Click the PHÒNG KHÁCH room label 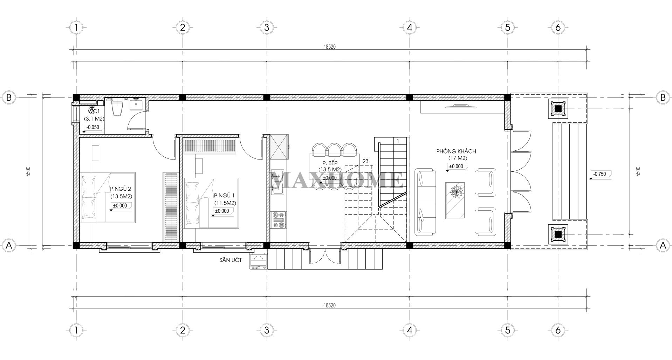pyautogui.click(x=456, y=151)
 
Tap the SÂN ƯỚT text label pyautogui.click(x=231, y=260)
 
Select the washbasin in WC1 pyautogui.click(x=136, y=104)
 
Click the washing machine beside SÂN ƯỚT pyautogui.click(x=258, y=261)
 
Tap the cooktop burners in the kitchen pyautogui.click(x=279, y=220)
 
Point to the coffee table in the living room pyautogui.click(x=455, y=201)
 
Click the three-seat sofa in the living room pyautogui.click(x=425, y=202)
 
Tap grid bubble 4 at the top pyautogui.click(x=409, y=27)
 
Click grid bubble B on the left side pyautogui.click(x=9, y=97)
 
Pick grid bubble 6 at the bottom pyautogui.click(x=558, y=330)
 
